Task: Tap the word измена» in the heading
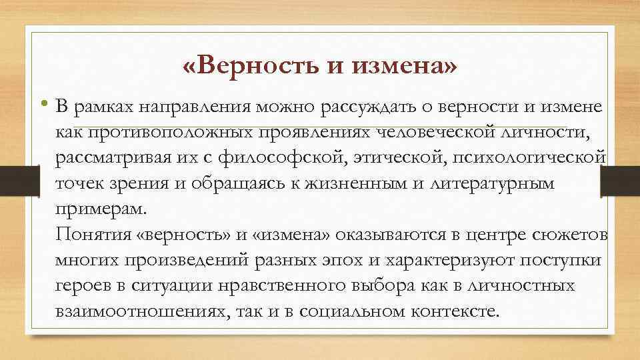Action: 406,67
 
